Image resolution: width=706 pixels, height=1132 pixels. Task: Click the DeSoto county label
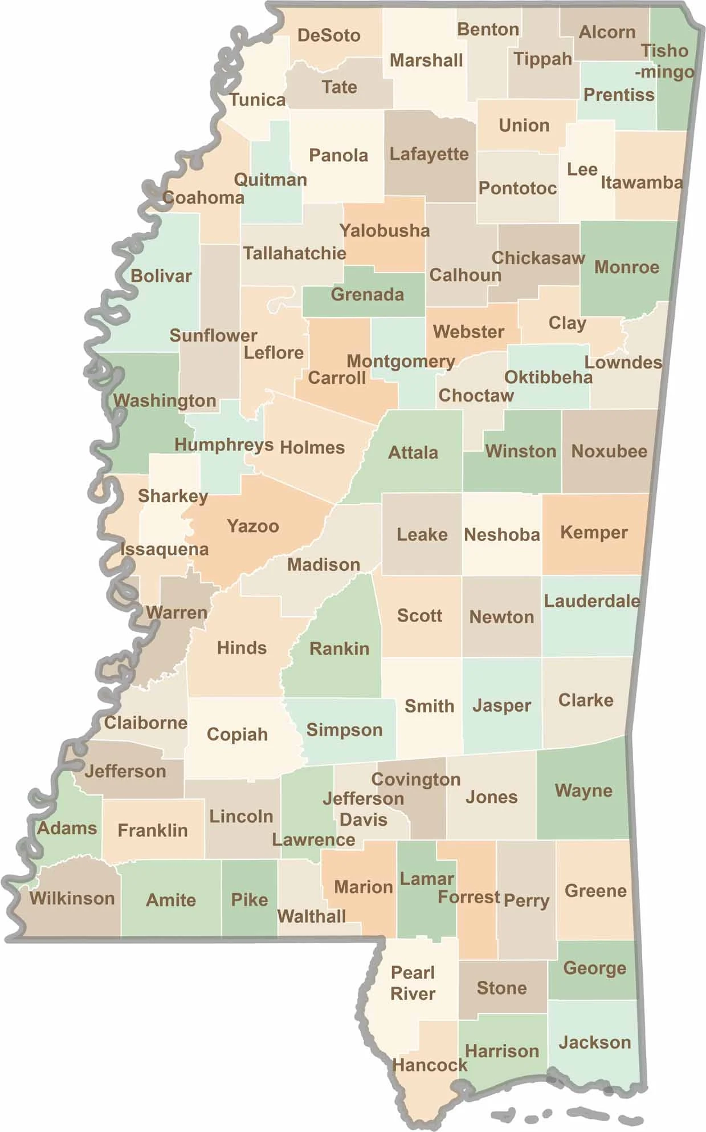tap(329, 35)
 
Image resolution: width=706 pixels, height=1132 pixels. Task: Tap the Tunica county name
tap(258, 100)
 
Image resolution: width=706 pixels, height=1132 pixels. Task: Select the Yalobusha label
tap(385, 231)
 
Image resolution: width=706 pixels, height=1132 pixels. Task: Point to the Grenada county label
tap(367, 295)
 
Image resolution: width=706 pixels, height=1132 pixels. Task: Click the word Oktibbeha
tap(548, 378)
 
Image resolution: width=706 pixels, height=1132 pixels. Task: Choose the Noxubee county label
tap(609, 452)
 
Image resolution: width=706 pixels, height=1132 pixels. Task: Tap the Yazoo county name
tap(253, 526)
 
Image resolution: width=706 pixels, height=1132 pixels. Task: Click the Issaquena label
tap(165, 550)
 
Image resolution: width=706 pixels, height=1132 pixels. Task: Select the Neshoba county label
tap(501, 535)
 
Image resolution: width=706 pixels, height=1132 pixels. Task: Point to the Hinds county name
tap(242, 648)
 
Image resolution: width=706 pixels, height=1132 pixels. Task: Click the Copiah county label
tap(237, 735)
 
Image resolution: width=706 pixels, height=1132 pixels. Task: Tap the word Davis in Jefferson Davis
tap(363, 820)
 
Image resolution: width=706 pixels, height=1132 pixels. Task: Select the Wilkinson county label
tap(72, 899)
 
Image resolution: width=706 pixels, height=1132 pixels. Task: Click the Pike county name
tap(250, 900)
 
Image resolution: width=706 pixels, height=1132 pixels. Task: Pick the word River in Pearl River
tap(413, 994)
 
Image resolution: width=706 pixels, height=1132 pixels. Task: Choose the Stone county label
tap(501, 988)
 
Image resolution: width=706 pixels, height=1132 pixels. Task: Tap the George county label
tap(594, 968)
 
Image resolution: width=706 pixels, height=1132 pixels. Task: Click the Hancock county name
tap(430, 1065)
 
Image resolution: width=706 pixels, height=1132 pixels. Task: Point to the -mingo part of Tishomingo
tap(664, 72)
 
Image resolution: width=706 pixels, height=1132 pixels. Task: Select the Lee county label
tap(582, 169)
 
